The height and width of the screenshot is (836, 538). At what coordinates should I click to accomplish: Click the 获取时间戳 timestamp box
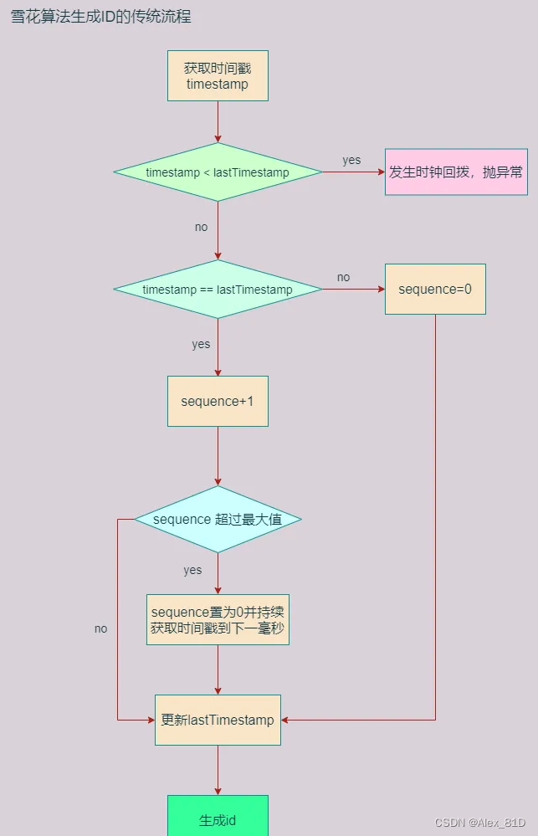218,76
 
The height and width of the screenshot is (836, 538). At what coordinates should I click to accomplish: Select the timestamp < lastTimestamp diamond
218,172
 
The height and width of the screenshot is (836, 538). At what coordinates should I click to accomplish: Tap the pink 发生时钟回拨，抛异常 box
456,172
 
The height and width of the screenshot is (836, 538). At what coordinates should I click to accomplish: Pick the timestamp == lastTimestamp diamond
218,290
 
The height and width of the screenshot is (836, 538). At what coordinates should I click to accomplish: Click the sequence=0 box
435,290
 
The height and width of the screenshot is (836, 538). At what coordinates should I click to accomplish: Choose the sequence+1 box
218,401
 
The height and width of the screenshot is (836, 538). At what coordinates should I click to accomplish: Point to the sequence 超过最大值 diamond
218,520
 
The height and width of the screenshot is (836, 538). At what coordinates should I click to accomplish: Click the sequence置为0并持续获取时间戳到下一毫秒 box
218,619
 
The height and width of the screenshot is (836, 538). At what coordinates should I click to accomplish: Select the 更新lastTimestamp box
218,720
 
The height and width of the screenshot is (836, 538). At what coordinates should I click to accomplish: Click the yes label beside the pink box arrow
351,160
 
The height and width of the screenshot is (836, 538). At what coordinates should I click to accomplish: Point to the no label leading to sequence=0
343,277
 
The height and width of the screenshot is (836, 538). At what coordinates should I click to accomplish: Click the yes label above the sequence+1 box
201,344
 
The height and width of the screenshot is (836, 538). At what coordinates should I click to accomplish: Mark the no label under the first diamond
201,227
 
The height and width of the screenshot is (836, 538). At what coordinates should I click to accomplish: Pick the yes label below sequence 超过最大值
192,570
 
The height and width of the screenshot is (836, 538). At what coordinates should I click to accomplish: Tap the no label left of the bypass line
100,628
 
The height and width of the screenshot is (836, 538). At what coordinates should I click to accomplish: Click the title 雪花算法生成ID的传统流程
100,17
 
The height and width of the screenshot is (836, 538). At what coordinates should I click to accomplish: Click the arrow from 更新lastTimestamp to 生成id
218,770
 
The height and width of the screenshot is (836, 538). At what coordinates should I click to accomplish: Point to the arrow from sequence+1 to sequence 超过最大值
218,456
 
